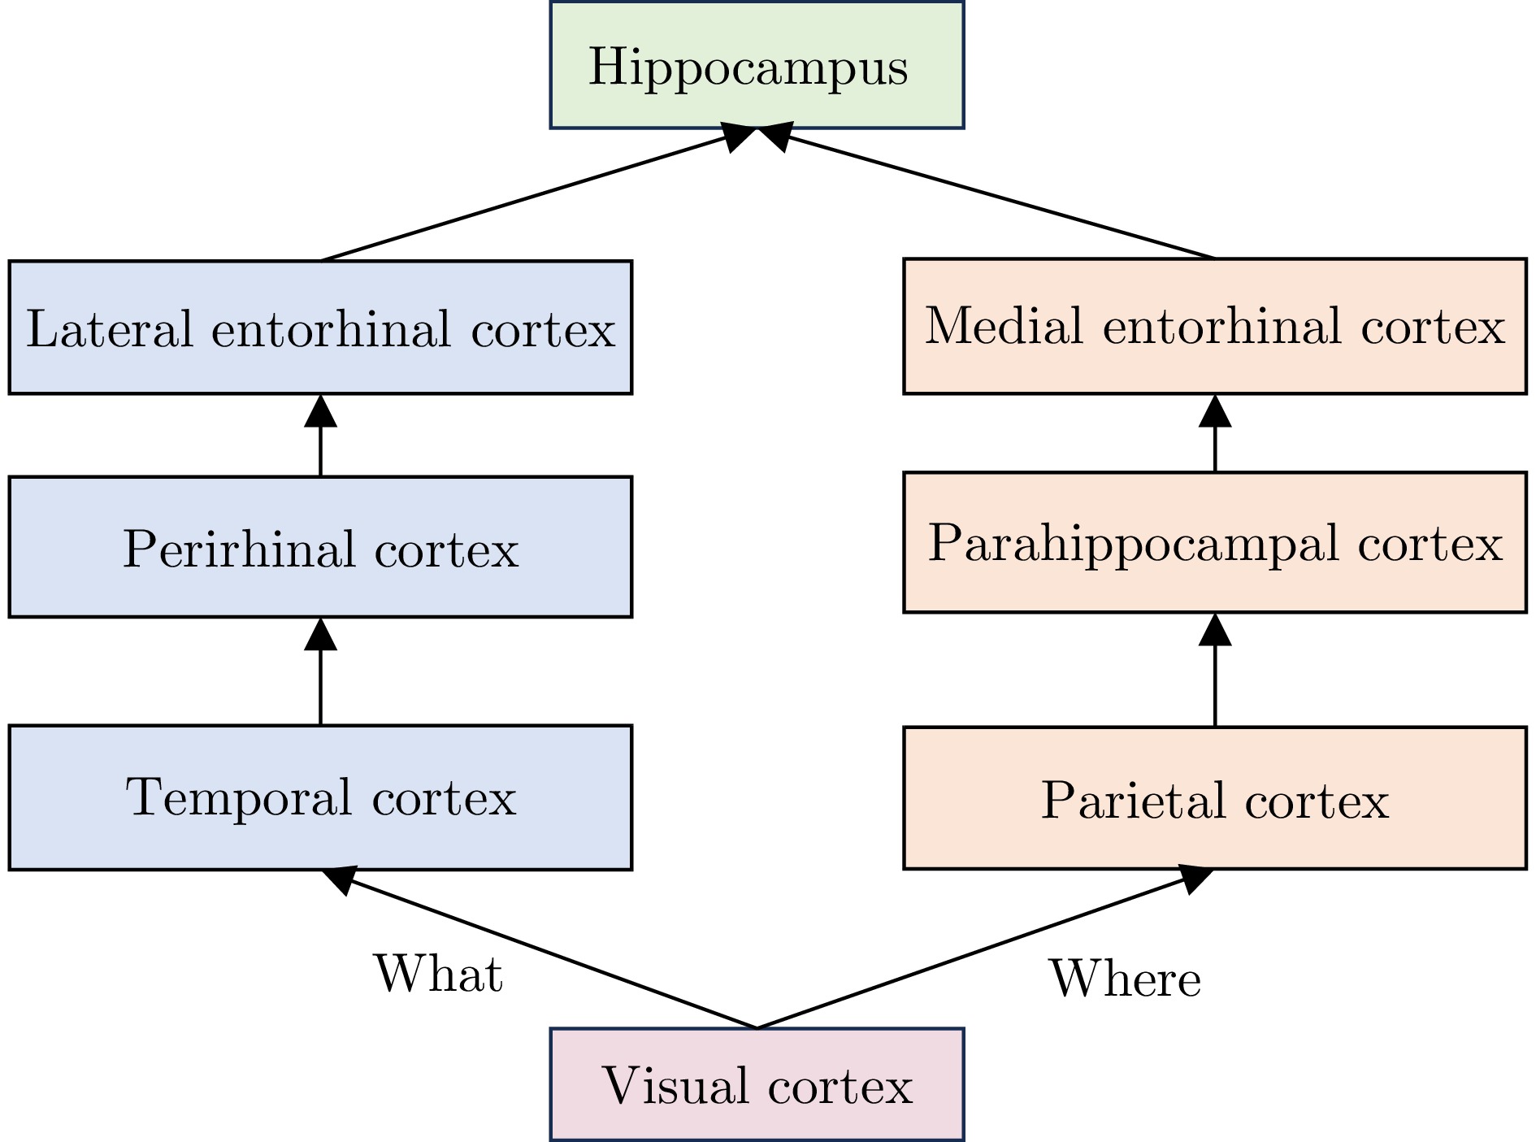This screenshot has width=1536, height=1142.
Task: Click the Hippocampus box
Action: click(757, 65)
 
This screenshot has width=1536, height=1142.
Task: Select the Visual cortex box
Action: click(757, 1084)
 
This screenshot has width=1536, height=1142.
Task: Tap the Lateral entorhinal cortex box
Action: click(320, 328)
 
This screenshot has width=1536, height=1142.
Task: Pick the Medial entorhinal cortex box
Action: click(1214, 326)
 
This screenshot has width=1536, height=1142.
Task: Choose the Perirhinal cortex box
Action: click(320, 547)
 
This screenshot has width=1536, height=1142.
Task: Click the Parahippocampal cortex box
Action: click(1214, 542)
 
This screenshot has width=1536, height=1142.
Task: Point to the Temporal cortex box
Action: click(320, 797)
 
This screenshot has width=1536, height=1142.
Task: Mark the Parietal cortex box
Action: click(1214, 799)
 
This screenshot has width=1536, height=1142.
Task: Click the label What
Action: click(438, 973)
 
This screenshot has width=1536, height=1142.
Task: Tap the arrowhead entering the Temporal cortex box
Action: click(340, 879)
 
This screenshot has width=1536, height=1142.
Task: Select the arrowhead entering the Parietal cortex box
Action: click(1195, 878)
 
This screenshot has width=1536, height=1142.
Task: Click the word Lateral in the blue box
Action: click(110, 328)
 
